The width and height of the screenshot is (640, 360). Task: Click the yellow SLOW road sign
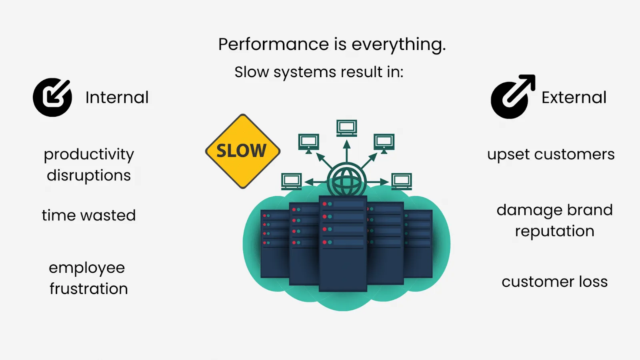click(x=242, y=151)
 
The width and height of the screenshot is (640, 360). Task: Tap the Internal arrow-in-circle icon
click(x=52, y=97)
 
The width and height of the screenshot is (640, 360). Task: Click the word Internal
click(x=117, y=98)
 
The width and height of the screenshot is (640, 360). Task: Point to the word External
click(x=574, y=98)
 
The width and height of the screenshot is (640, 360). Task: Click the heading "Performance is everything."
click(x=332, y=44)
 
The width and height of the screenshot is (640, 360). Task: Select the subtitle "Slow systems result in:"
click(x=319, y=72)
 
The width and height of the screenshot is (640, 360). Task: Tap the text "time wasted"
click(x=89, y=215)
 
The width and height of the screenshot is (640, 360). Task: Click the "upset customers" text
click(x=551, y=154)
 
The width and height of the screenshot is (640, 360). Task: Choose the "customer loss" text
click(x=554, y=282)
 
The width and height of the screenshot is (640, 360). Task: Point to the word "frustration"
click(x=89, y=289)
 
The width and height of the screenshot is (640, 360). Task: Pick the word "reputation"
click(x=554, y=232)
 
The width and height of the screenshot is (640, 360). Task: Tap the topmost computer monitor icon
click(x=346, y=128)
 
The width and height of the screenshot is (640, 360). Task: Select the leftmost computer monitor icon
click(x=291, y=181)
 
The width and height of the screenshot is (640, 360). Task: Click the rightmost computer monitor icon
click(x=402, y=181)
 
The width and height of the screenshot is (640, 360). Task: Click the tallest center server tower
click(x=343, y=244)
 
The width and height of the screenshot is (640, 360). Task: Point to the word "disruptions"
click(x=89, y=176)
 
